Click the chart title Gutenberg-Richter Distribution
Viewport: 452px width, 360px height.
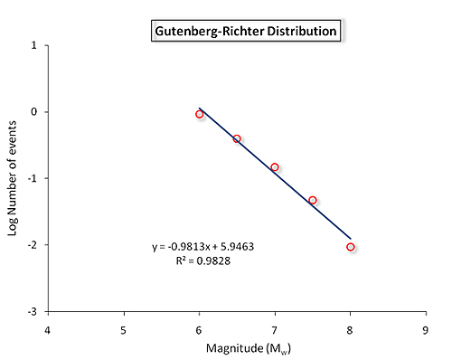point(244,32)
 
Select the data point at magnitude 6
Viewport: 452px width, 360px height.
point(199,114)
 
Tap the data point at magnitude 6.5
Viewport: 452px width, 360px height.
point(237,138)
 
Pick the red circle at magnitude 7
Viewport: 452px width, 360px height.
point(275,167)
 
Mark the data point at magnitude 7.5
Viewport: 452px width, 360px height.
point(313,200)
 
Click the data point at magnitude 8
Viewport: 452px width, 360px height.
point(350,247)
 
